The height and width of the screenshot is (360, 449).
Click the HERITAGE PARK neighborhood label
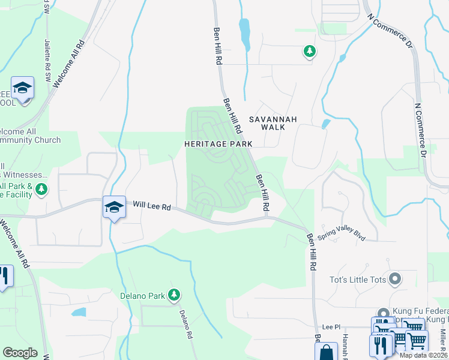217,144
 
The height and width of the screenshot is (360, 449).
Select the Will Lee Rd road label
152,206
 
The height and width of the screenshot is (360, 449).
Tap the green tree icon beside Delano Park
174,294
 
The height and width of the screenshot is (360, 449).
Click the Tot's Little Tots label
358,279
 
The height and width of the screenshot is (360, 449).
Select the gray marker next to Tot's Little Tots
394,279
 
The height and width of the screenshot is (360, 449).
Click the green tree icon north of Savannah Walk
309,52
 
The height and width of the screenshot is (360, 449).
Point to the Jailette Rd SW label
47,57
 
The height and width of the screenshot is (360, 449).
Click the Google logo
20,353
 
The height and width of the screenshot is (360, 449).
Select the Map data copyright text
423,355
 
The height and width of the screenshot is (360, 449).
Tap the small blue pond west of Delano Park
79,312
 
